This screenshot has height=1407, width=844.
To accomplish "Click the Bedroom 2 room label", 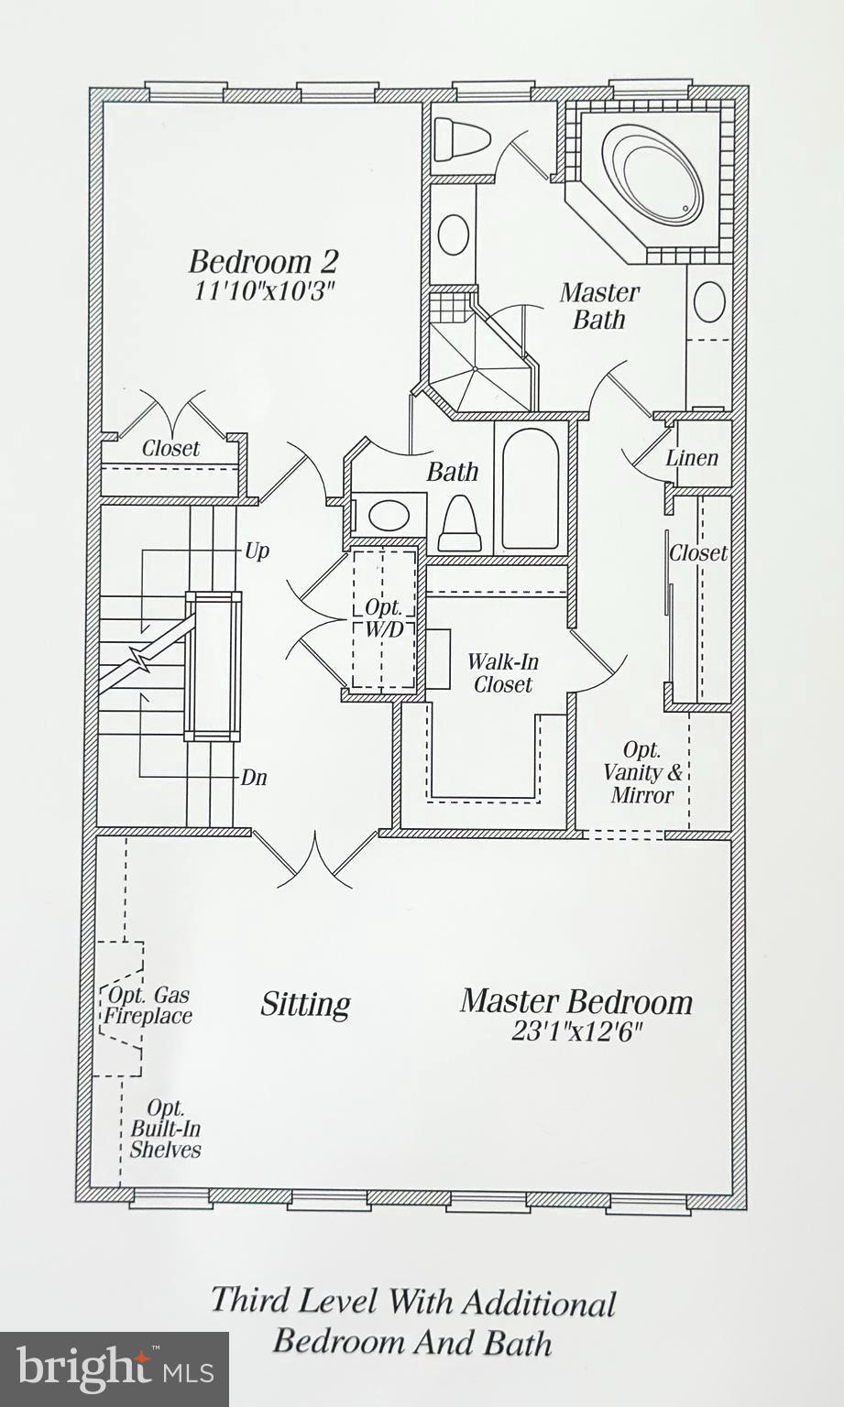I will (263, 262).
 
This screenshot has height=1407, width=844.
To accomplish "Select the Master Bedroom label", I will (575, 1001).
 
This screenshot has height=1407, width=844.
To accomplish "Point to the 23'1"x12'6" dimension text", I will (576, 1032).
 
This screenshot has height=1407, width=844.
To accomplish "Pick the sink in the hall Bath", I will (389, 514).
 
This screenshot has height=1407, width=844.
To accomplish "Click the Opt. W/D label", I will (384, 618).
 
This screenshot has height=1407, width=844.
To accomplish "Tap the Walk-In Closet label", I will (502, 673).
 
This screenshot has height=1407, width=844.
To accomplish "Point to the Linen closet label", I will (692, 458).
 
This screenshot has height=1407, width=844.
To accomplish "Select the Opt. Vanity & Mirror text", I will (642, 772).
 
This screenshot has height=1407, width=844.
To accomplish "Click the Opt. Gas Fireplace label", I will (148, 1006).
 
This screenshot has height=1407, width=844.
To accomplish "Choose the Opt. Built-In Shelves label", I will (165, 1129).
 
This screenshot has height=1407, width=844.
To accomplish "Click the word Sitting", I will (305, 1005).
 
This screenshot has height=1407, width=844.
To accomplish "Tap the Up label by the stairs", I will (257, 551).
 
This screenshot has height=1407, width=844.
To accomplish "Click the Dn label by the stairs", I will (254, 778).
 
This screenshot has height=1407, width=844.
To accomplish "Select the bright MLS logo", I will (114, 1369).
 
